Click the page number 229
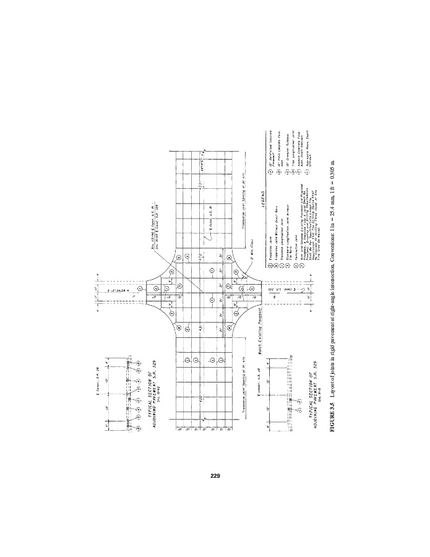pos(215,476)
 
